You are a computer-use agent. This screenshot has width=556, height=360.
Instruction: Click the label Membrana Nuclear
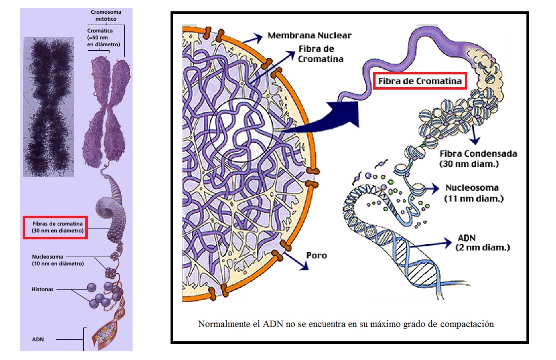(x=310, y=35)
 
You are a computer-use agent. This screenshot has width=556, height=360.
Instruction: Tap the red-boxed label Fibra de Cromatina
(x=419, y=81)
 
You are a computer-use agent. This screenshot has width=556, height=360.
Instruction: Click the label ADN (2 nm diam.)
(x=482, y=242)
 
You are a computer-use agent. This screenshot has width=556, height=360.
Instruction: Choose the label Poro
(x=316, y=256)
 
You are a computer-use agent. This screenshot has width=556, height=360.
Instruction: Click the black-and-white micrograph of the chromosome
(x=48, y=107)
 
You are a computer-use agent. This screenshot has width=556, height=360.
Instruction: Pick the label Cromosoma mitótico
(x=106, y=15)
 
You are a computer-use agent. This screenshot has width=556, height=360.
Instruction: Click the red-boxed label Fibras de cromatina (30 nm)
(x=55, y=227)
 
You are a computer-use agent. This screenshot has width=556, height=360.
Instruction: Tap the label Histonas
(x=42, y=290)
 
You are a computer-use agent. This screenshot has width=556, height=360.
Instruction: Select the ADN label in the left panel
(x=38, y=339)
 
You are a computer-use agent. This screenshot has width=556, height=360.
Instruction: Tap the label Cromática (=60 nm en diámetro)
(x=104, y=37)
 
